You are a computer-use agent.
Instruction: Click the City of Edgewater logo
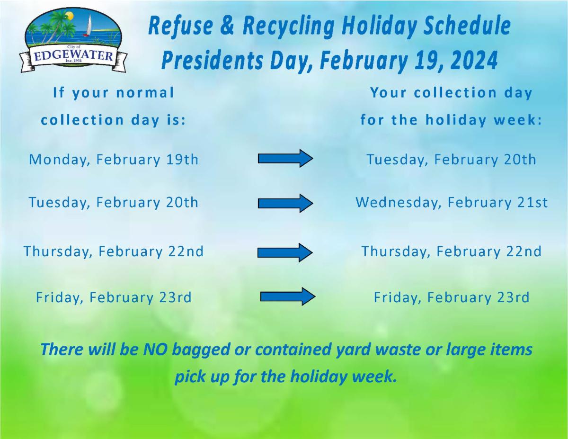[73, 40]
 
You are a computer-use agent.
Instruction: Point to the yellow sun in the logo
[70, 16]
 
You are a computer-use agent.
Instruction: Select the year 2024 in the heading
[474, 61]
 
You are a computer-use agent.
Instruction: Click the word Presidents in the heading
[212, 61]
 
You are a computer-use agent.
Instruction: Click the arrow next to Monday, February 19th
[285, 158]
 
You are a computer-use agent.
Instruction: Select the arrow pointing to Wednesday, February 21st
[285, 203]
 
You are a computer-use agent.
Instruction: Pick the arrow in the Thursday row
[285, 252]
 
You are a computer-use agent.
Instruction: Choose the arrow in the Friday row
[288, 296]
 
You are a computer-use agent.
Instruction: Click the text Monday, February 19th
[114, 160]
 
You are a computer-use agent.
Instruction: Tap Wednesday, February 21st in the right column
[452, 203]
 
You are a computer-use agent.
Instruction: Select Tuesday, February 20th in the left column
[114, 203]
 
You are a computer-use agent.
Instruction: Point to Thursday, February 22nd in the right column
[452, 251]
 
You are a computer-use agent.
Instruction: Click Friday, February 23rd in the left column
[114, 297]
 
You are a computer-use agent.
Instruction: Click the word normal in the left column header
[145, 92]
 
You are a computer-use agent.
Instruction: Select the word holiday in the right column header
[456, 120]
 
